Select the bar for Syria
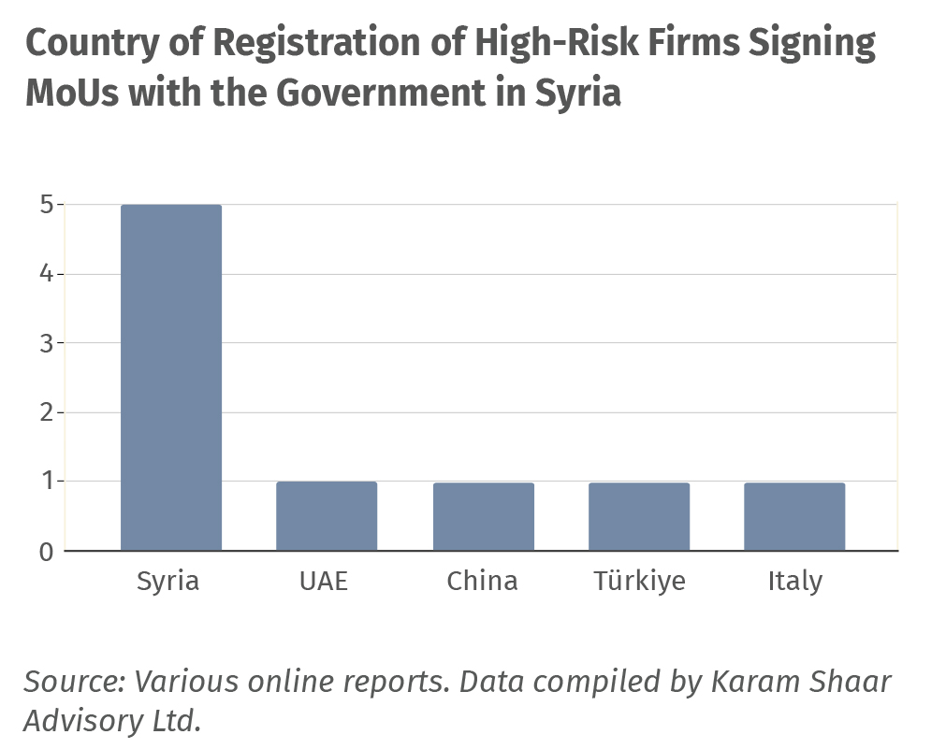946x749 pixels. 171,377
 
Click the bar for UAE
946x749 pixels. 327,515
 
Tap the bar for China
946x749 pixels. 483,516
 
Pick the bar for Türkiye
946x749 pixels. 639,516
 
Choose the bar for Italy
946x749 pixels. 794,516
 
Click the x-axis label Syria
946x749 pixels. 168,581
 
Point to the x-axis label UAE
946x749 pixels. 324,581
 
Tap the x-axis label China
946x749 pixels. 482,581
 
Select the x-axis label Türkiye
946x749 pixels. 639,581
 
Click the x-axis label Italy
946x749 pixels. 794,582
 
